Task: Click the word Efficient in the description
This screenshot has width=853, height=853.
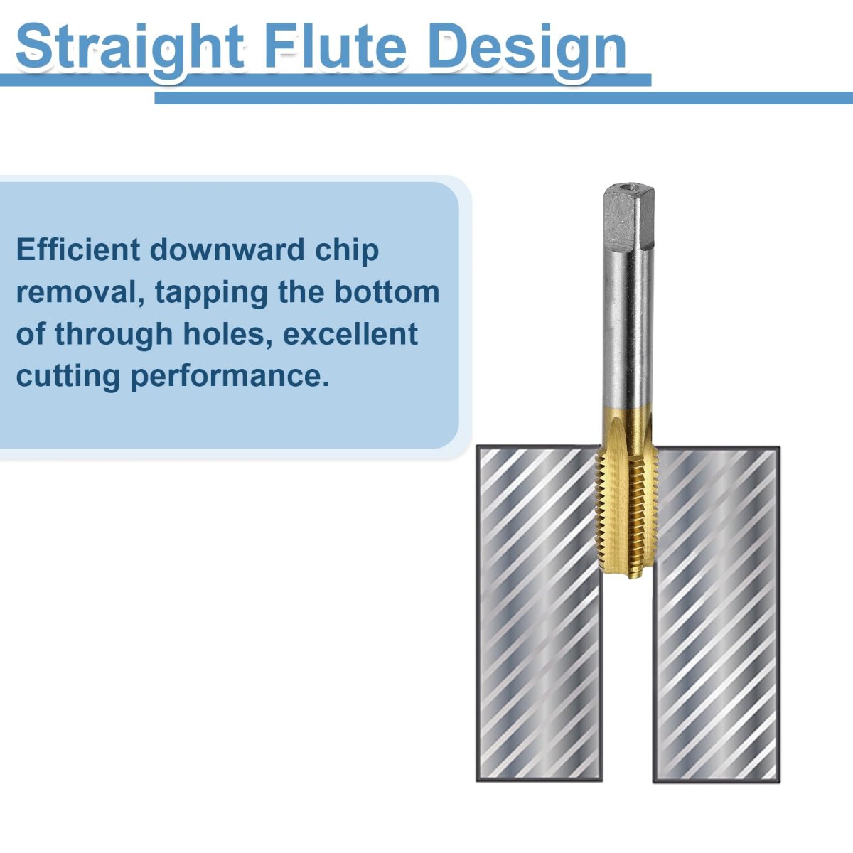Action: [x=78, y=250]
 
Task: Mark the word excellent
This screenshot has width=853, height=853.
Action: [x=350, y=333]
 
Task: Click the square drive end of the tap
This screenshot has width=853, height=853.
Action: [x=628, y=217]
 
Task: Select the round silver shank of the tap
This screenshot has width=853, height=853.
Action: [x=628, y=328]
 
